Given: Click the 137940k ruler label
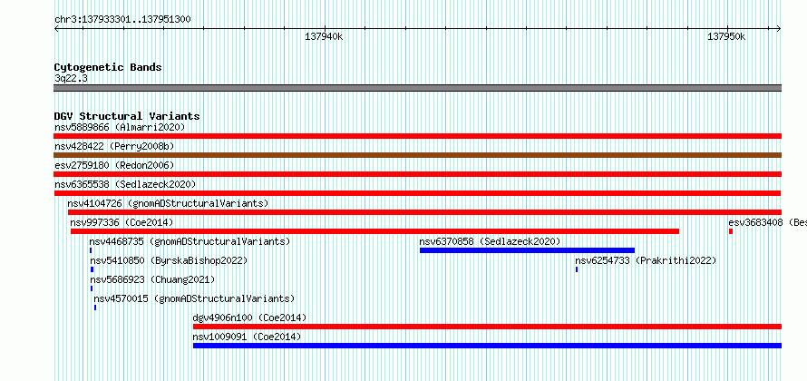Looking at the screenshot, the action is pyautogui.click(x=324, y=36).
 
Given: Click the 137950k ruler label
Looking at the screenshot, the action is pyautogui.click(x=726, y=36).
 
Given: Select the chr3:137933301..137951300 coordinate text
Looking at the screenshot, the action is pyautogui.click(x=122, y=20).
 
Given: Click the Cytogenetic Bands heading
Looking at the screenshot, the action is pyautogui.click(x=108, y=67).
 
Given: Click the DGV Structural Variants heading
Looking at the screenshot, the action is pyautogui.click(x=127, y=116).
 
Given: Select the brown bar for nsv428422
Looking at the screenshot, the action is pyautogui.click(x=417, y=155).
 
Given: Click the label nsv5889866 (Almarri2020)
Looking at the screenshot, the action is pyautogui.click(x=120, y=127).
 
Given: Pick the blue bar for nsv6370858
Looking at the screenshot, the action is pyautogui.click(x=527, y=250).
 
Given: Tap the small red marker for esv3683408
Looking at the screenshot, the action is pyautogui.click(x=730, y=231).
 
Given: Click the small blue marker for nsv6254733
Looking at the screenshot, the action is pyautogui.click(x=577, y=269).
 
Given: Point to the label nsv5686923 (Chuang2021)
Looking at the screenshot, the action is pyautogui.click(x=152, y=279).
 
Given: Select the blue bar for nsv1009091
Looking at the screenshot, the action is pyautogui.click(x=488, y=346).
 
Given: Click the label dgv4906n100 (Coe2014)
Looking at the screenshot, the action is pyautogui.click(x=249, y=317).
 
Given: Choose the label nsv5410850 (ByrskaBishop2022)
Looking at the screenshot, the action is pyautogui.click(x=169, y=260).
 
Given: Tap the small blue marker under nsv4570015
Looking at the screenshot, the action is pyautogui.click(x=95, y=308).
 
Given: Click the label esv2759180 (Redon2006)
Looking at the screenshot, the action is pyautogui.click(x=114, y=165).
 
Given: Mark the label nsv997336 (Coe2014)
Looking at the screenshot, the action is pyautogui.click(x=122, y=222).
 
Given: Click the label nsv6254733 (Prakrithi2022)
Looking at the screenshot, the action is pyautogui.click(x=646, y=260).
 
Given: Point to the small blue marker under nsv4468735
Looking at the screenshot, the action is pyautogui.click(x=91, y=250).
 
